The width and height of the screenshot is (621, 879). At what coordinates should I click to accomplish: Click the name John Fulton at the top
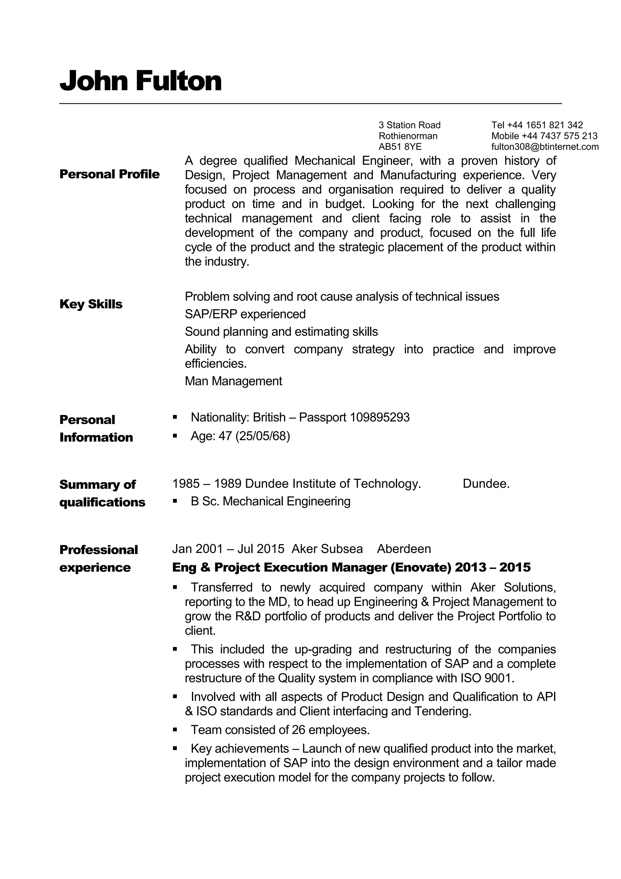point(140,81)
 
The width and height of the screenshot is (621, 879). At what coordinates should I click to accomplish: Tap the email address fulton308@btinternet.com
point(545,146)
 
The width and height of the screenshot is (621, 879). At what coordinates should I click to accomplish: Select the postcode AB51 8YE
point(400,146)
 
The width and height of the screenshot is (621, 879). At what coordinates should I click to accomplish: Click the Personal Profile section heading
point(109,174)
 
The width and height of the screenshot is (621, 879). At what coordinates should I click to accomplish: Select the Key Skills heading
point(91,304)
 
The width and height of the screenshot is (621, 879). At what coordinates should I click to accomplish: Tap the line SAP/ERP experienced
point(245,314)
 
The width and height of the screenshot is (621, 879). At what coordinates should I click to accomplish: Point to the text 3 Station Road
point(409,125)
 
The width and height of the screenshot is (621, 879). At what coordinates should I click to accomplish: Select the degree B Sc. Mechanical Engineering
point(270,501)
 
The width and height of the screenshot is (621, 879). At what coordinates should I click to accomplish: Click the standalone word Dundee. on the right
point(486,483)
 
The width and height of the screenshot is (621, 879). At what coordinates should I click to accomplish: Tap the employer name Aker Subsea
point(327,549)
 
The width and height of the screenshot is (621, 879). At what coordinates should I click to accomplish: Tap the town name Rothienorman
point(408,136)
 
